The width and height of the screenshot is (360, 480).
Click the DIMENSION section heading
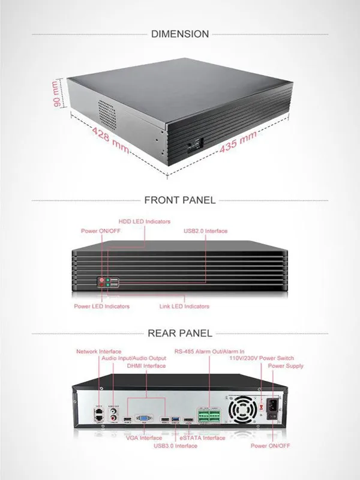pos(180,34)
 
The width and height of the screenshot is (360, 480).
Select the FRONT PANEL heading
pos(179,200)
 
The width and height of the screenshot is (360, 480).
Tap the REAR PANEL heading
pos(179,333)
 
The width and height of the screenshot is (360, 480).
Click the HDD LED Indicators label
pos(144,221)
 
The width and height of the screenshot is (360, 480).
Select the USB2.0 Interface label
pos(205,231)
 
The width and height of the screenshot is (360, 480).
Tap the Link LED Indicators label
pos(184,307)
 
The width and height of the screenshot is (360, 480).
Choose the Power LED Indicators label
pos(101,307)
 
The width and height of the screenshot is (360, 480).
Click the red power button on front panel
pos(101,280)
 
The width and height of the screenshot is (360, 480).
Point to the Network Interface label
pos(98,352)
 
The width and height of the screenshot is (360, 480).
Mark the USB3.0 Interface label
pos(175,446)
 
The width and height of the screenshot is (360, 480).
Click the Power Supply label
pos(286,366)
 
